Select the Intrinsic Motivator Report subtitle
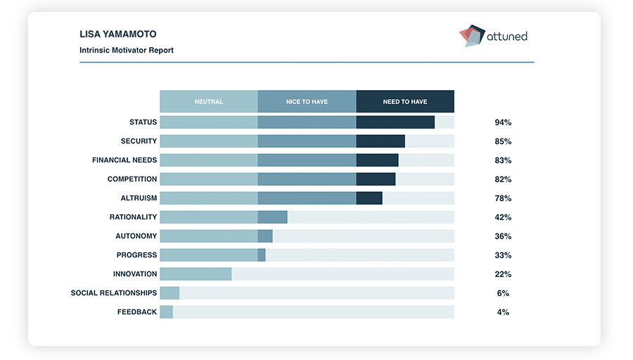pos(127,51)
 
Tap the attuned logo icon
pos(472,35)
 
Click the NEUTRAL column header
pos(209,102)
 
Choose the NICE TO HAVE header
pos(307,102)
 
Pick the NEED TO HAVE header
pos(405,102)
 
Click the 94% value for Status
pos(503,122)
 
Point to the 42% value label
pos(503,217)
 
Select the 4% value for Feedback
pos(503,312)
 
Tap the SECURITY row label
pos(139,141)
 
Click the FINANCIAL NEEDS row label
pos(124,160)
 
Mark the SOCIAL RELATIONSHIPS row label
pos(114,293)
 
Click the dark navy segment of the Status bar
pos(395,122)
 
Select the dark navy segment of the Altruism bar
pos(369,198)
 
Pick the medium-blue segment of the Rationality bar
pos(273,217)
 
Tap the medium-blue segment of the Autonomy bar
pos(265,236)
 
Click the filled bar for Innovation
pos(196,274)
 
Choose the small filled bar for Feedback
pos(166,312)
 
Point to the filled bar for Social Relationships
pos(170,293)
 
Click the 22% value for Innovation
pos(503,274)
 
